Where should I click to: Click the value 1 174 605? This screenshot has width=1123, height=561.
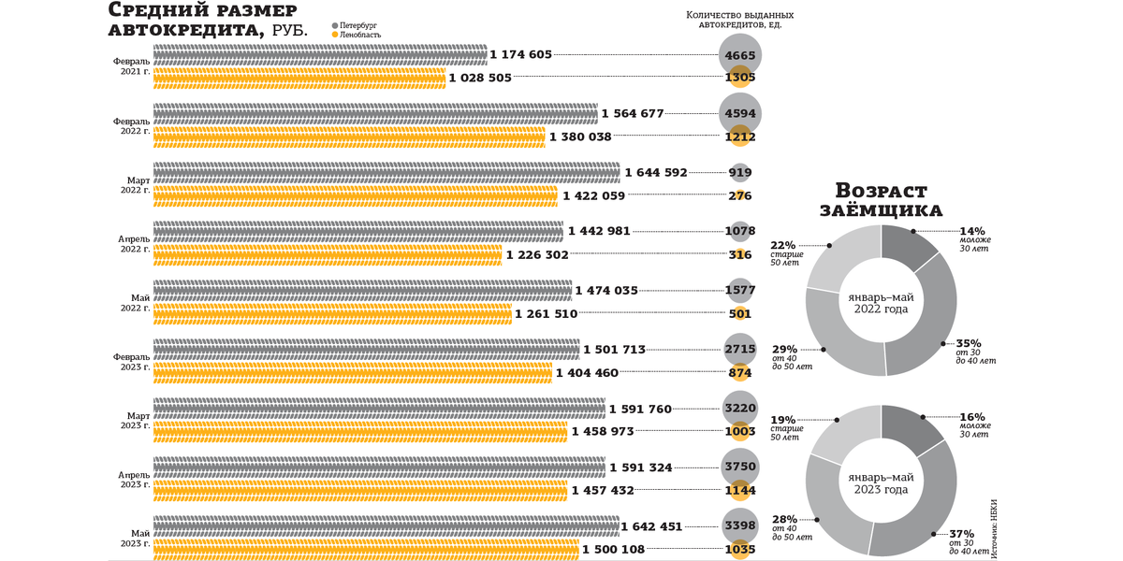tap(521, 55)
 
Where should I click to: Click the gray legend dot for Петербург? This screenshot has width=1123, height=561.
tap(335, 26)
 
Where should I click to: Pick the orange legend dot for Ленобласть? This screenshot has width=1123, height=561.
tap(335, 35)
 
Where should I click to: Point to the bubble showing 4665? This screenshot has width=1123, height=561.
tap(739, 56)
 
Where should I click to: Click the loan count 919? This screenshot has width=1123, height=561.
tap(739, 173)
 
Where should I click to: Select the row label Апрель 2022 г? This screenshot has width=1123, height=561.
tap(131, 243)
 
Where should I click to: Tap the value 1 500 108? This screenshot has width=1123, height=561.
tap(613, 550)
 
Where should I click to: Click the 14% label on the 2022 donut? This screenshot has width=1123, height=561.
tap(972, 231)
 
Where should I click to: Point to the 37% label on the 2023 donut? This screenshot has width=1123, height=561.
tap(962, 534)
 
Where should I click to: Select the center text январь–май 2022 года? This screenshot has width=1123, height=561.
tap(880, 302)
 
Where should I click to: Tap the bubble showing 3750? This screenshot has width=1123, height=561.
tap(739, 467)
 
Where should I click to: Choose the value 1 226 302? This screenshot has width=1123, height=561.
tap(537, 255)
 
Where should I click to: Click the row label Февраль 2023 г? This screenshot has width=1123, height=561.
tap(131, 361)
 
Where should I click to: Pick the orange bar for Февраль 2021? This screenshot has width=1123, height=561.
tap(299, 79)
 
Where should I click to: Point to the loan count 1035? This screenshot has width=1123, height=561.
tap(739, 550)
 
